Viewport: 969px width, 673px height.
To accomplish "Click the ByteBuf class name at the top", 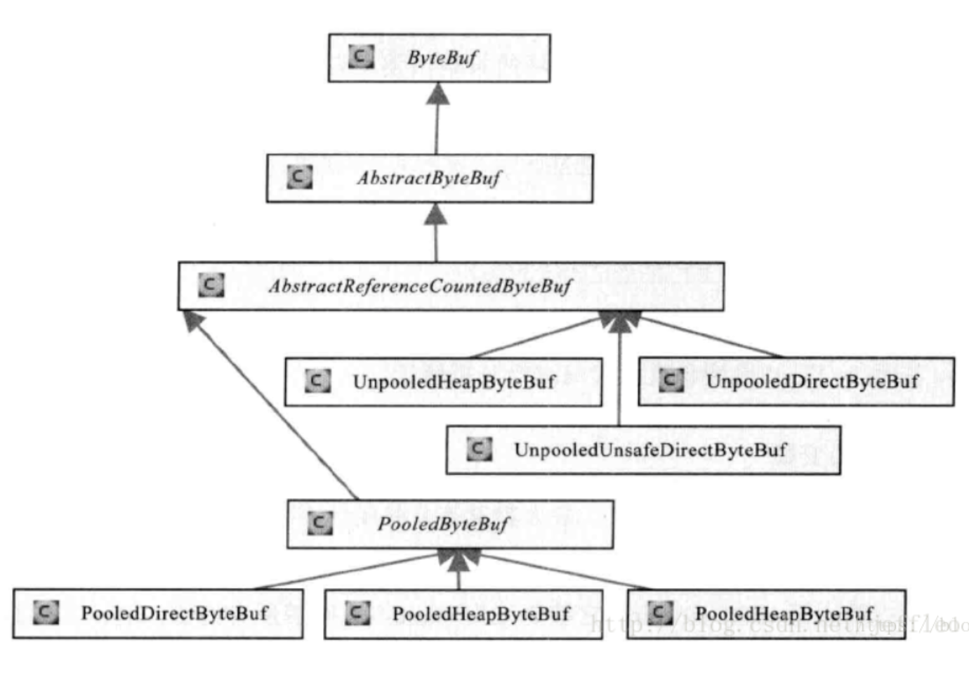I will (442, 58).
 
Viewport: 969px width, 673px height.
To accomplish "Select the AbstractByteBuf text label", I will (429, 178).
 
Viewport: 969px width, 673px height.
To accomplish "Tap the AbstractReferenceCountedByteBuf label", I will (420, 286).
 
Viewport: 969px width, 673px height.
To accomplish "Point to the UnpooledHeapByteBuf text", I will (454, 382).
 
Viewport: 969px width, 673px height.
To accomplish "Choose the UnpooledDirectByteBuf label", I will (812, 381).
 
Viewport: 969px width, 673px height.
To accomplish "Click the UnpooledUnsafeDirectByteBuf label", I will (650, 450).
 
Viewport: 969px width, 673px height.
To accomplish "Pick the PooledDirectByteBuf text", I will (174, 613).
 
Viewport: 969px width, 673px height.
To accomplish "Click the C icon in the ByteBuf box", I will (361, 56).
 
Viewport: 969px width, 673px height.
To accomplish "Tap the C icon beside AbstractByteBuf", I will (299, 176).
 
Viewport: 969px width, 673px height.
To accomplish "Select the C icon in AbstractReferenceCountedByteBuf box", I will (211, 285).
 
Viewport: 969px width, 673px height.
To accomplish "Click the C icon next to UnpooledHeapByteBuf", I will (317, 381).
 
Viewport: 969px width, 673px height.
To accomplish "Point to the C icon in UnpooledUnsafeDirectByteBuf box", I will (479, 448).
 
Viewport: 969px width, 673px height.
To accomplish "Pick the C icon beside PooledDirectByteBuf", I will (46, 613).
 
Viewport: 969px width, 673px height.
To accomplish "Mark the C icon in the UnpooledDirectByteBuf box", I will (671, 380).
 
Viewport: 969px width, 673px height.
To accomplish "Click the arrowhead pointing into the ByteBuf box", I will (438, 94).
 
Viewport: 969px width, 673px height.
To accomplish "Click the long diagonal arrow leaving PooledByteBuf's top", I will (274, 407).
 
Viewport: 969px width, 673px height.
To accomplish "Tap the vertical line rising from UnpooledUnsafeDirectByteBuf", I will (619, 379).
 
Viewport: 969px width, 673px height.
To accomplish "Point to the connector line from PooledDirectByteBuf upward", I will (344, 571).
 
